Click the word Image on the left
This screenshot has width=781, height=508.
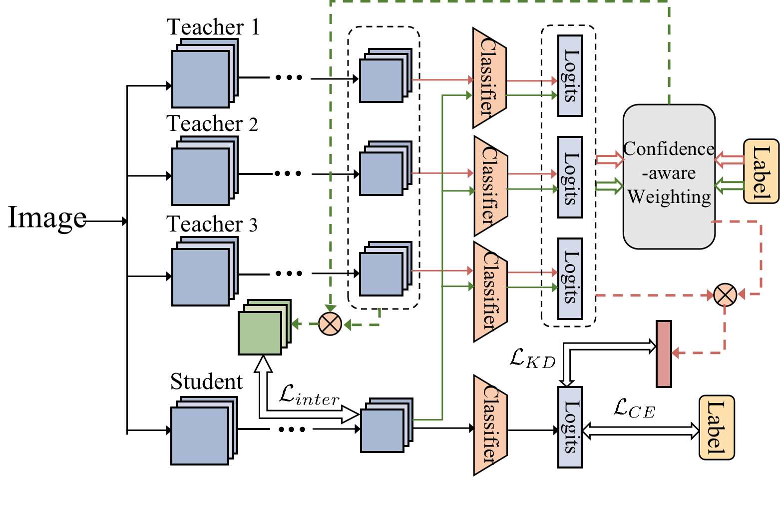click(x=47, y=218)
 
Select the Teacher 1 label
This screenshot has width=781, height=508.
click(x=213, y=27)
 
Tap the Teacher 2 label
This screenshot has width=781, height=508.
click(x=212, y=123)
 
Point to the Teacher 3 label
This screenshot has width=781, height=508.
click(x=212, y=224)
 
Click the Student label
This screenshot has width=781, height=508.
click(x=206, y=382)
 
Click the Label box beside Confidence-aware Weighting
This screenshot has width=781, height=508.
click(x=761, y=171)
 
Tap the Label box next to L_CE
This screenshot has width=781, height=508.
click(x=716, y=427)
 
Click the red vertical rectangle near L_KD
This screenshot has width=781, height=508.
click(x=664, y=354)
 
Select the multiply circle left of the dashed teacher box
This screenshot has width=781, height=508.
click(x=330, y=324)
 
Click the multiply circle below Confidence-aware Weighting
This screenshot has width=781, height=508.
click(x=725, y=294)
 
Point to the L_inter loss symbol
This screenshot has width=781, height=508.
click(x=309, y=394)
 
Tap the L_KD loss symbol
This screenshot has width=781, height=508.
click(x=532, y=358)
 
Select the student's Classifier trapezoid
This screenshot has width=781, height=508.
click(x=489, y=425)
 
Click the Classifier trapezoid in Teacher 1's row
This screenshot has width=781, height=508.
click(x=489, y=78)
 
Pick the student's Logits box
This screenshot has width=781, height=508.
click(x=570, y=427)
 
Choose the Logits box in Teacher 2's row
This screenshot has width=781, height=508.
click(x=570, y=177)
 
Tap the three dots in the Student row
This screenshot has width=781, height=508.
click(x=292, y=429)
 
